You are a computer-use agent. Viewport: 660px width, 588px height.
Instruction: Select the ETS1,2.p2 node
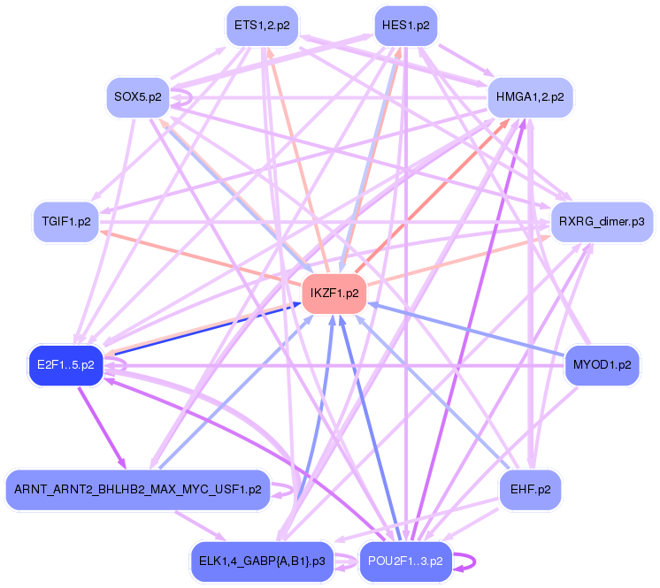[x=262, y=25]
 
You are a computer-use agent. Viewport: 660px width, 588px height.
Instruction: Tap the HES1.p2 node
[x=405, y=25]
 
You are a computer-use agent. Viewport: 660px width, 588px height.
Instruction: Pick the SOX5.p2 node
[x=137, y=96]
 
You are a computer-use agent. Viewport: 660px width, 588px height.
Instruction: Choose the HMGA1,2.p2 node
[x=530, y=96]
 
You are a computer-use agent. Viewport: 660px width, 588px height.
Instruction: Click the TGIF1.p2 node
[x=66, y=221]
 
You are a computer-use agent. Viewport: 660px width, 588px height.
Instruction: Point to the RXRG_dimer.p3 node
[x=602, y=221]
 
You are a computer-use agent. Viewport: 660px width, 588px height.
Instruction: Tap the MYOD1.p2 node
[x=602, y=364]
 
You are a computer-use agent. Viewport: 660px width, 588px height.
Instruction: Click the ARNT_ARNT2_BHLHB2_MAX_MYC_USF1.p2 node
[x=136, y=489]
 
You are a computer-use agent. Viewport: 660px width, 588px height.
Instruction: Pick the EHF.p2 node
[x=530, y=489]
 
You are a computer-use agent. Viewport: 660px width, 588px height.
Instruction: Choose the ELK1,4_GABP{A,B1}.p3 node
[x=262, y=561]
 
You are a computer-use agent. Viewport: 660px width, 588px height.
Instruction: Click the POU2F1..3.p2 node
[x=405, y=561]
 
